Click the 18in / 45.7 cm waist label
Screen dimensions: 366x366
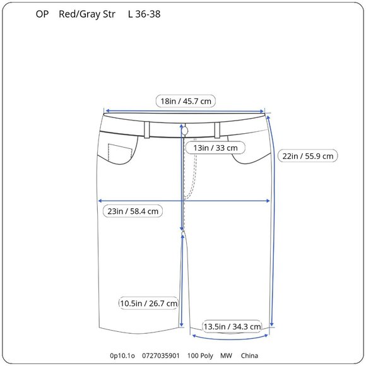point(186,102)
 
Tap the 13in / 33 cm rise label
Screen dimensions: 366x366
point(215,148)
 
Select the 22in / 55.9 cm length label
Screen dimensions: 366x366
point(308,156)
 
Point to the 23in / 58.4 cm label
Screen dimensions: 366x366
point(133,211)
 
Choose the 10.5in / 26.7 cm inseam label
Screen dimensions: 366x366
point(149,303)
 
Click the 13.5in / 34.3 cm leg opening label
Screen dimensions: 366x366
point(232,326)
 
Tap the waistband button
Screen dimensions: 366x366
point(185,131)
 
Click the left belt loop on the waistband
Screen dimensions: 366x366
point(146,130)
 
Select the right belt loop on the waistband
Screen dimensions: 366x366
point(217,130)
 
